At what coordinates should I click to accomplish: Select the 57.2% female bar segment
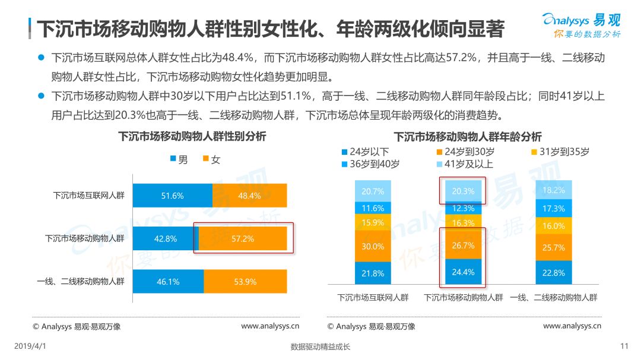pos(242,238)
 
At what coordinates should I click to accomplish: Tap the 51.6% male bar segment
pos(172,196)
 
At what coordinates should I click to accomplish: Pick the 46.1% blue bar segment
pos(168,282)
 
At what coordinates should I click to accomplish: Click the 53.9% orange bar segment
pos(245,282)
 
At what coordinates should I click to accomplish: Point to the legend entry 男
pos(179,160)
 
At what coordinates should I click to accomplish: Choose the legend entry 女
pos(211,160)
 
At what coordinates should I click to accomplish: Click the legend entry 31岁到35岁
pos(560,152)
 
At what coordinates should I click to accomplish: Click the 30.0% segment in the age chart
pos(373,246)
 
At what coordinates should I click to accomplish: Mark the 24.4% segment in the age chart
pos(464,273)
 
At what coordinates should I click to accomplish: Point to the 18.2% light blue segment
pos(554,190)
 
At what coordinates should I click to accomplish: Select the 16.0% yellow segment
pos(554,226)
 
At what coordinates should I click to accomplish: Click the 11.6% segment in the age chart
pos(373,208)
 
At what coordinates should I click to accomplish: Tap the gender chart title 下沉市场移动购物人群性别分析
pos(192,136)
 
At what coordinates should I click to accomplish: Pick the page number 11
pos(624,346)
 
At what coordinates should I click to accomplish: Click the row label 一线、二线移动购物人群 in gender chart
pos(81,282)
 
